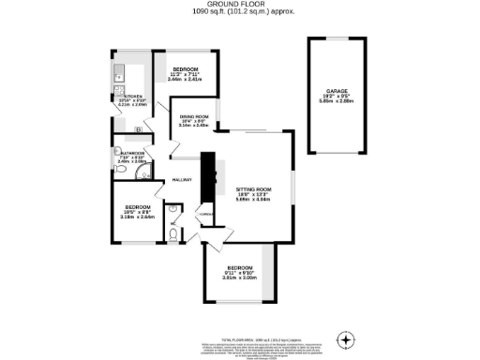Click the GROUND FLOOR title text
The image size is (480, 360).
click(239, 5)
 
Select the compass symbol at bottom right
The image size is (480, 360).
click(348, 338)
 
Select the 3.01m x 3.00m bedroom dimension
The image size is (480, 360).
click(239, 277)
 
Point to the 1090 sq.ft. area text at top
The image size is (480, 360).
click(239, 13)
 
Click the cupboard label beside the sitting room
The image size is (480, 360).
click(206, 215)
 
